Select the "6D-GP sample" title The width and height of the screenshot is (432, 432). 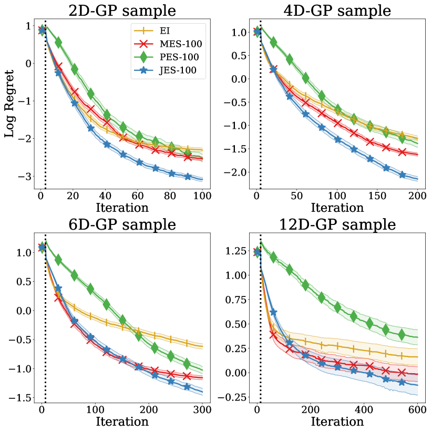(122, 225)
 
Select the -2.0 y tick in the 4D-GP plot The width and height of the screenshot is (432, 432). (236, 172)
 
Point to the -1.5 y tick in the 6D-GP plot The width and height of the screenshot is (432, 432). (23, 398)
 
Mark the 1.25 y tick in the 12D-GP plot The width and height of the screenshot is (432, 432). (235, 251)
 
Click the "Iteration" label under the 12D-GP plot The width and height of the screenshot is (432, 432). (337, 421)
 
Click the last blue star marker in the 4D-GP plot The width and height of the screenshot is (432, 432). (403, 175)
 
